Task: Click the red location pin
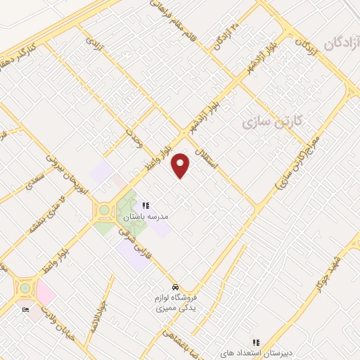tap(181, 165)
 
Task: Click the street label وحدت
tap(134, 132)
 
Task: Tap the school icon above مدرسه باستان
tap(146, 205)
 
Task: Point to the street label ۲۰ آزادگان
tap(231, 36)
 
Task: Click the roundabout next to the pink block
tap(26, 288)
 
